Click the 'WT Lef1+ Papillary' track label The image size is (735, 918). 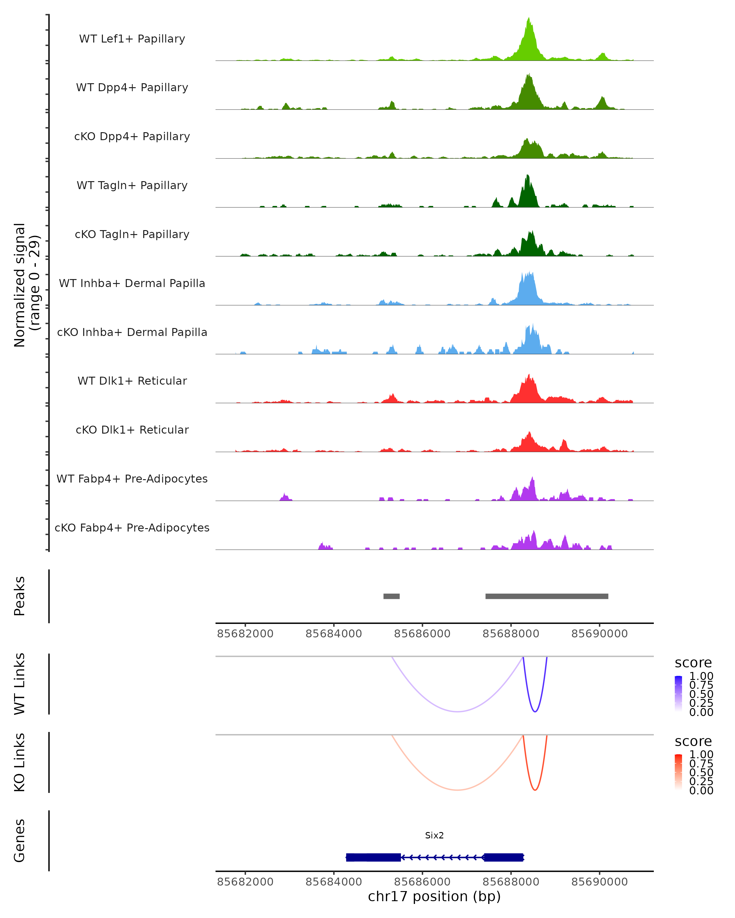pyautogui.click(x=132, y=39)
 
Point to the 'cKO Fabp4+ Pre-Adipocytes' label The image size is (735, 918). pyautogui.click(x=132, y=528)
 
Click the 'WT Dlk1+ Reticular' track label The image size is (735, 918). pyautogui.click(x=132, y=381)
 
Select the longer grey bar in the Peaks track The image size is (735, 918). pyautogui.click(x=547, y=596)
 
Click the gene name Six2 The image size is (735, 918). pyautogui.click(x=434, y=835)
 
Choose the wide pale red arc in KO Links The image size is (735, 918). pyautogui.click(x=457, y=790)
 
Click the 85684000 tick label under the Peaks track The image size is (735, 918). pyautogui.click(x=334, y=634)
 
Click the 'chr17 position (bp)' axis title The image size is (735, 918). pyautogui.click(x=434, y=897)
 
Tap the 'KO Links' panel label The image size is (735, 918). pyautogui.click(x=20, y=762)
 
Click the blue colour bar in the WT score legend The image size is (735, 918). pyautogui.click(x=678, y=694)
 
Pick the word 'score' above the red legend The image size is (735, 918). pyautogui.click(x=693, y=741)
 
